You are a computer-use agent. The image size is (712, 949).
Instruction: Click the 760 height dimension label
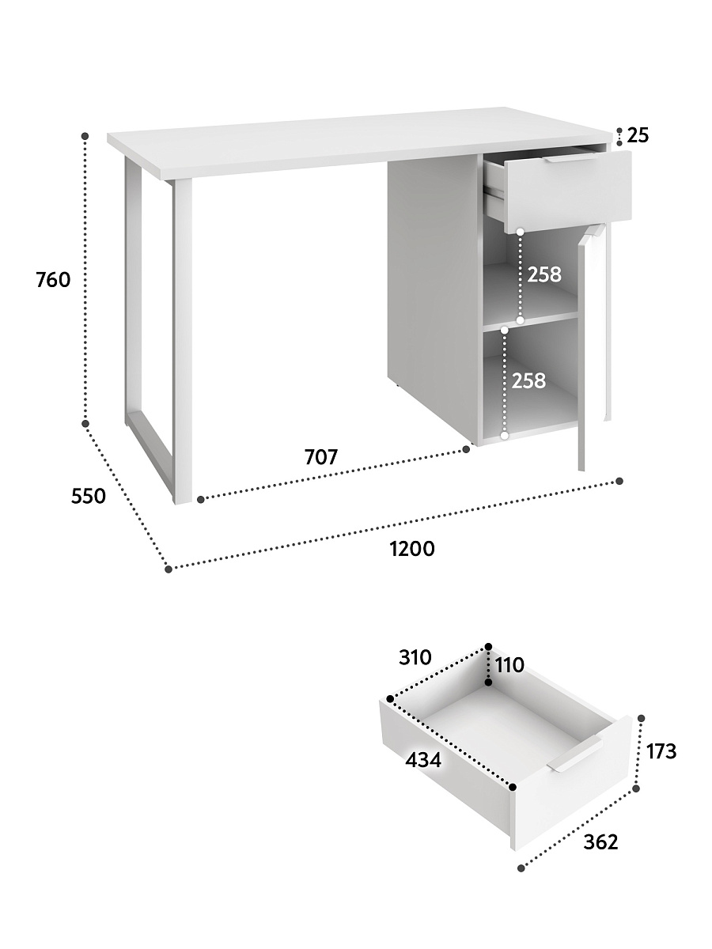[53, 281]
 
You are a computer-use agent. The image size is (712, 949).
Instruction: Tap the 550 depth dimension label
[88, 496]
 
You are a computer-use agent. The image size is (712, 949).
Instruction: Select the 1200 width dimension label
[412, 549]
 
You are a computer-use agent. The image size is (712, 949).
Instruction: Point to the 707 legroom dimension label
[320, 457]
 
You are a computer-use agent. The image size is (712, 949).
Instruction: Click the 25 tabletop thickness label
[638, 136]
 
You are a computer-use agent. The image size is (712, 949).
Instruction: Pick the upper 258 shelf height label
[544, 274]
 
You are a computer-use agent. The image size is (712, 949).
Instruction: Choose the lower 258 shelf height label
[528, 381]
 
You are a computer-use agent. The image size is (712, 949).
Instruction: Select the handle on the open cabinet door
[593, 231]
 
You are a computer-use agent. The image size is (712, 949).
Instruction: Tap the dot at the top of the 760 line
[85, 136]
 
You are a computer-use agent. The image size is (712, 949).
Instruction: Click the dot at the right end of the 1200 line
[619, 481]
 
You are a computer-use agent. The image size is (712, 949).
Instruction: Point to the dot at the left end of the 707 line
[201, 500]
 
